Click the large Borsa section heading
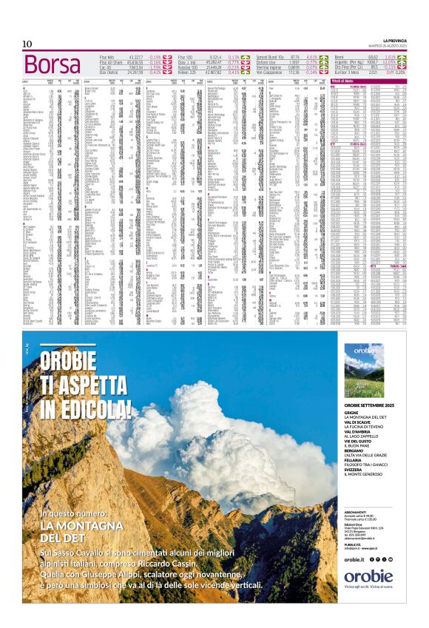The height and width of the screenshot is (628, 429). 54,64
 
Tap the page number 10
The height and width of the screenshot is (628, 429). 27,44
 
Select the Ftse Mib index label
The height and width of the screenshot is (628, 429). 109,56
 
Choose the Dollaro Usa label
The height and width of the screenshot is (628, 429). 267,61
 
